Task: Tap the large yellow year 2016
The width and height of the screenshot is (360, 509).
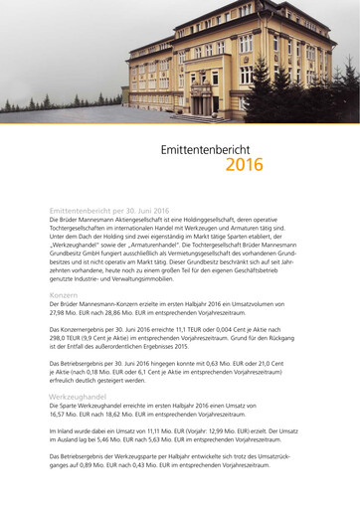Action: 244,165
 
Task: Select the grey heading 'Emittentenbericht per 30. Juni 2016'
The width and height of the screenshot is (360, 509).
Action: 109,211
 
